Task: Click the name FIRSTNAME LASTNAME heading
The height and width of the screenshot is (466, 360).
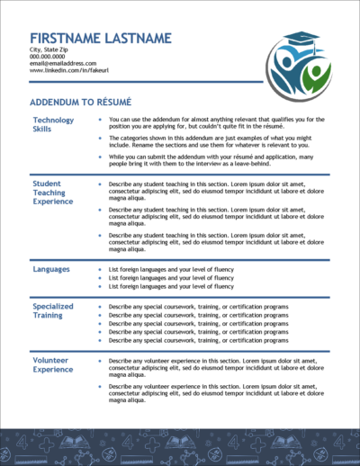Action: tap(100, 38)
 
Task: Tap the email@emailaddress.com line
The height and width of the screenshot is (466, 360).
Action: tap(63, 64)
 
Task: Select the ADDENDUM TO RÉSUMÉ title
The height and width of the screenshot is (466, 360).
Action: tap(81, 103)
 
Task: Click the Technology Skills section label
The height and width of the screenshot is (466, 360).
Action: tap(54, 124)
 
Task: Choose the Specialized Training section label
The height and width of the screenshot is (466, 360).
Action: tap(54, 310)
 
